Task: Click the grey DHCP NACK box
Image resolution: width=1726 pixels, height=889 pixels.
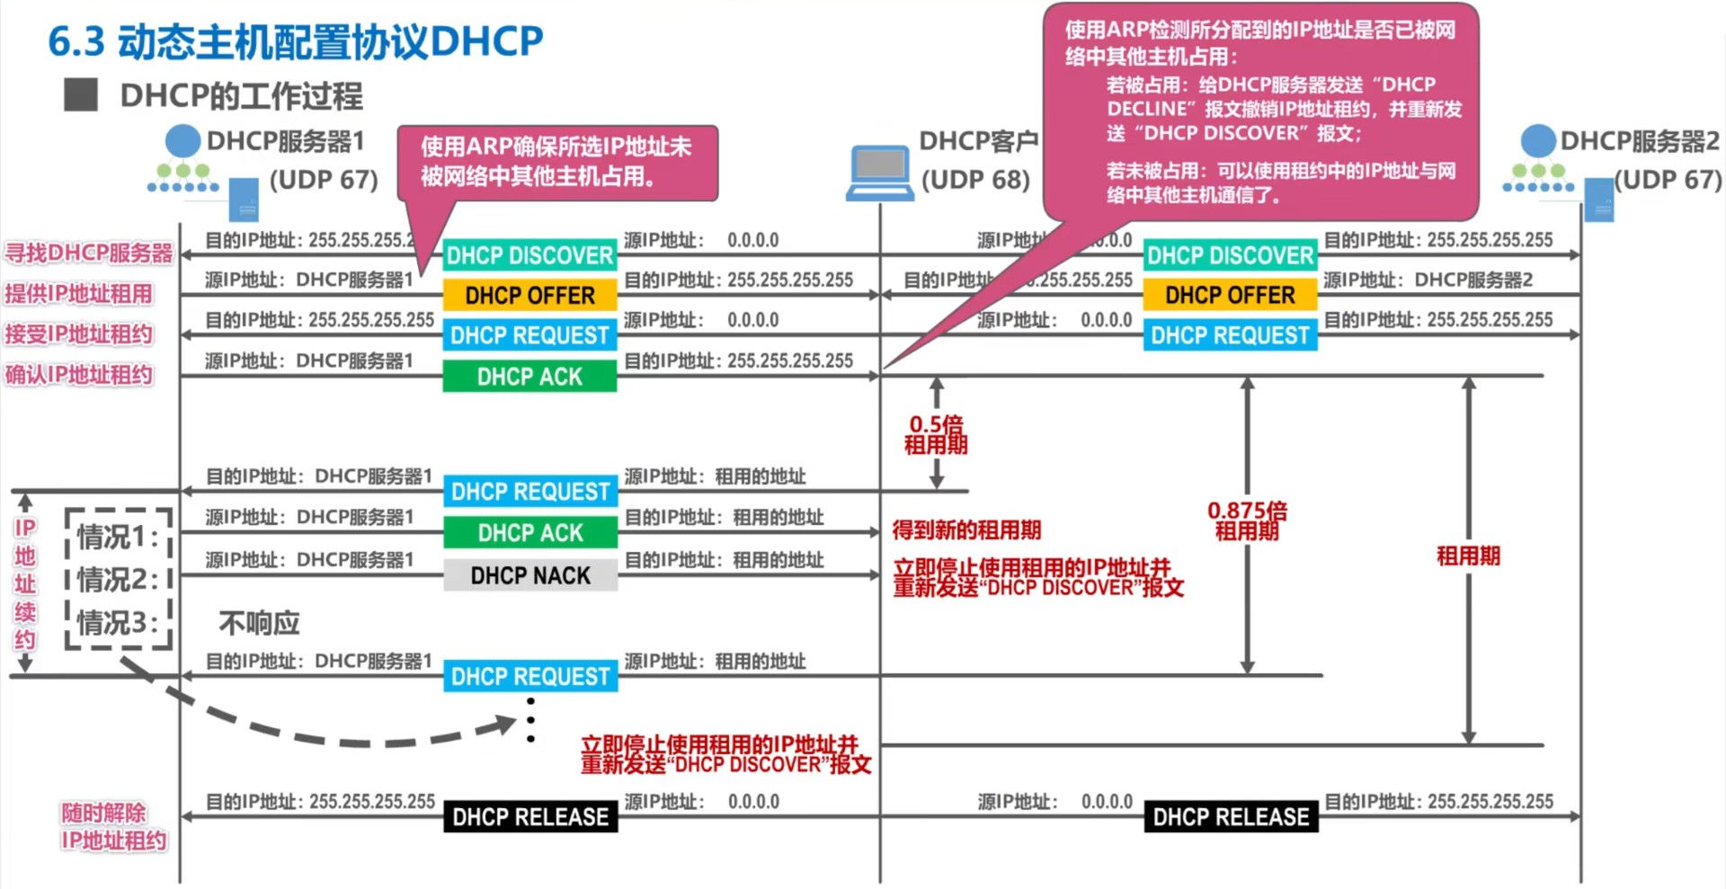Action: click(x=530, y=575)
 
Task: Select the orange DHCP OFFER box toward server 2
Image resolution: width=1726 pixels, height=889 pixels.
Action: click(x=1229, y=295)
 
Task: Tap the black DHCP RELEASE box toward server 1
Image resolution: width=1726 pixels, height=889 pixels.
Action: click(x=530, y=816)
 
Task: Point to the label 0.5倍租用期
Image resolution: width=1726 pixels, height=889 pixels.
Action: click(x=936, y=434)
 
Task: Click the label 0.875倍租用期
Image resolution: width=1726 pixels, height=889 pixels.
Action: click(x=1247, y=520)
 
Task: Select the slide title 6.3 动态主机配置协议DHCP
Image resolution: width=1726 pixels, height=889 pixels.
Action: click(x=295, y=41)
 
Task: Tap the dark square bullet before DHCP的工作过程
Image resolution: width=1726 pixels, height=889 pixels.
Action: click(x=81, y=94)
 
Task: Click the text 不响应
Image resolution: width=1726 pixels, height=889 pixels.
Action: click(x=259, y=623)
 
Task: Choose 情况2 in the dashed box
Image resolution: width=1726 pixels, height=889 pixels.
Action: click(x=117, y=580)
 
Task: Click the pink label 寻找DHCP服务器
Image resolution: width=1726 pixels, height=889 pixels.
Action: click(x=88, y=253)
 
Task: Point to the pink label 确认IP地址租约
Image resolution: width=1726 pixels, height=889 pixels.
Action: click(x=79, y=375)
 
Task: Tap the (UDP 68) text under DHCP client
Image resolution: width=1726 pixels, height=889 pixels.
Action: click(x=975, y=180)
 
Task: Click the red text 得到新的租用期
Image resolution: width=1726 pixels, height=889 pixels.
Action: click(x=966, y=529)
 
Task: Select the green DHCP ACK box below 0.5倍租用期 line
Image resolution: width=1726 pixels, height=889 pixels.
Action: click(x=530, y=532)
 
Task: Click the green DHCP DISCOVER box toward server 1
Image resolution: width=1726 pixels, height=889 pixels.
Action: click(x=529, y=255)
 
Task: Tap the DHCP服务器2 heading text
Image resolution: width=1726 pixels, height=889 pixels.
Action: click(x=1639, y=141)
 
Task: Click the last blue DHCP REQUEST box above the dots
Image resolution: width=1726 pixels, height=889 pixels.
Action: click(x=530, y=676)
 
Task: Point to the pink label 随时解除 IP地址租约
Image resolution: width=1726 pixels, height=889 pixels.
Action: click(x=113, y=826)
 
